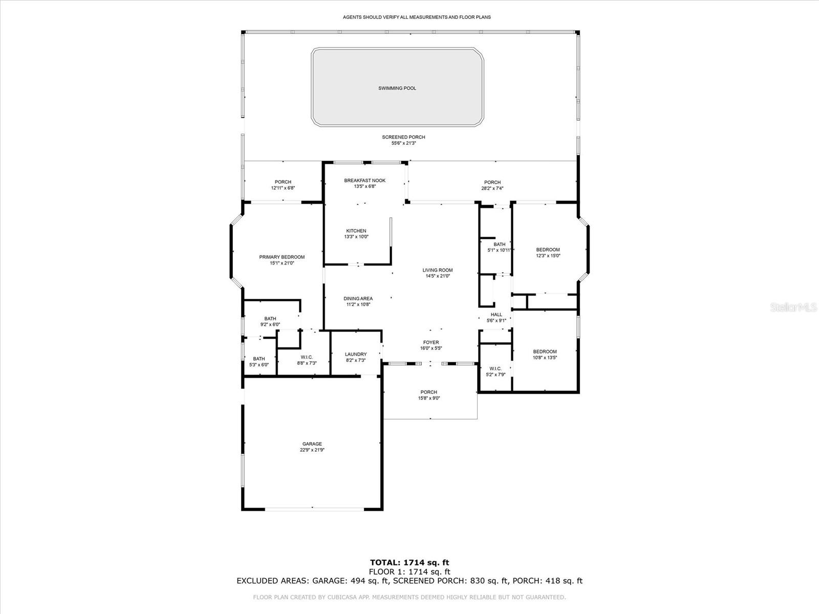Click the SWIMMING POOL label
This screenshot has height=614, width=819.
pos(397,88)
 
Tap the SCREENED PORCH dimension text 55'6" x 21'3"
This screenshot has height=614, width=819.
pos(403,143)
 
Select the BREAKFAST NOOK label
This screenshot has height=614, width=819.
pos(364,180)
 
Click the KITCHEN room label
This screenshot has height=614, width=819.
pos(356,231)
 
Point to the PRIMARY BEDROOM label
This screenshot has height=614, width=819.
pos(282,257)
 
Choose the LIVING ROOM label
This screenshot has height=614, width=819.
pos(437,270)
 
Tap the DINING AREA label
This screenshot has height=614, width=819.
pos(358,298)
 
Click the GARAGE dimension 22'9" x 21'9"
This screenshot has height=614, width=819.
pos(312,450)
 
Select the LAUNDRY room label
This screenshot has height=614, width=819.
pos(356,354)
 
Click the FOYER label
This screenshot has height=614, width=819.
pos(430,342)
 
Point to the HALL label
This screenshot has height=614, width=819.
pos(496,315)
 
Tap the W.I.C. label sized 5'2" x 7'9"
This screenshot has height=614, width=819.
pos(495,368)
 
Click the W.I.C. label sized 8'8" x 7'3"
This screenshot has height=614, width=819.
pos(307,357)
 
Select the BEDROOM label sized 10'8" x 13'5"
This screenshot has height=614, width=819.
pos(545,352)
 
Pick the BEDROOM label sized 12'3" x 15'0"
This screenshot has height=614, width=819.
pos(548,250)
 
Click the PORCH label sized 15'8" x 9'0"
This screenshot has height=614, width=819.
pos(428,392)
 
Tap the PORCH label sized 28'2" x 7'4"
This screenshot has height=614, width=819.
pos(492,182)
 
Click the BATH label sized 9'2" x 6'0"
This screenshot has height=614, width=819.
pos(270,318)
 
